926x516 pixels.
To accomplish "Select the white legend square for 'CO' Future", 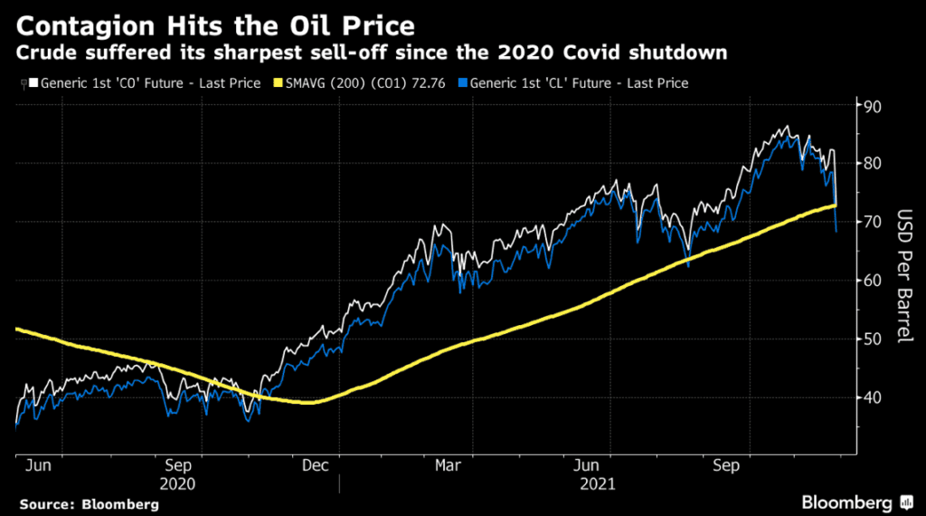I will click(33, 83).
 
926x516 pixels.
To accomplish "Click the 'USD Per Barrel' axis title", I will click(902, 277).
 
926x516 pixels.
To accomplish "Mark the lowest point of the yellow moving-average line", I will click(310, 403).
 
